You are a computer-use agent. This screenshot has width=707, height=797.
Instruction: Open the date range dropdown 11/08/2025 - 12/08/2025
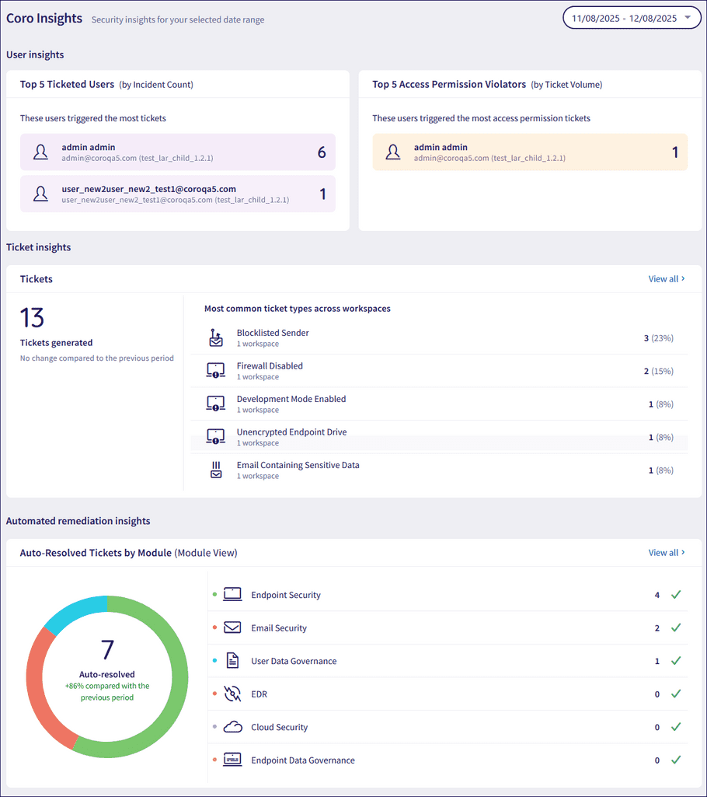pos(632,18)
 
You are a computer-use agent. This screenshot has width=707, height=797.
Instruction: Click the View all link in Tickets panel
pos(667,278)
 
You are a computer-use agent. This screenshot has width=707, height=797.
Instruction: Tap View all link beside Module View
pos(667,553)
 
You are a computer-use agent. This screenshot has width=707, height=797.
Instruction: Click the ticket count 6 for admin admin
pos(322,152)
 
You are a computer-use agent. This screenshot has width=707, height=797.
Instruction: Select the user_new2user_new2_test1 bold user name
pos(148,189)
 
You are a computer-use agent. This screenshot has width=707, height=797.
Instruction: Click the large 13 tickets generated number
pos(32,318)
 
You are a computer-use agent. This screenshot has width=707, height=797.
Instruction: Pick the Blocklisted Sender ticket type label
pos(273,333)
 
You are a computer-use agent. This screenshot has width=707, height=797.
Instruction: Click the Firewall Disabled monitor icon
pos(216,370)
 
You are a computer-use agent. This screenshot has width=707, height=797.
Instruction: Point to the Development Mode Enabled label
pos(291,399)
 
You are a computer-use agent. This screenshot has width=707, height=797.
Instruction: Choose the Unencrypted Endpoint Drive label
pos(291,432)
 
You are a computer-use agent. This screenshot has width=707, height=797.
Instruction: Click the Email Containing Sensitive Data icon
pos(216,470)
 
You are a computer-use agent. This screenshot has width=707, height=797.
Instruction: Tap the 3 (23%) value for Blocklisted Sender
pos(658,338)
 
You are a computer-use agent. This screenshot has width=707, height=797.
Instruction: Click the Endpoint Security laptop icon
pos(232,595)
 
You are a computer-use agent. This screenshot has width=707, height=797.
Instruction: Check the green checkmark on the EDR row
pos(676,694)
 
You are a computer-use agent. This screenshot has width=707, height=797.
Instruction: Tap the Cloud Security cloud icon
pos(232,727)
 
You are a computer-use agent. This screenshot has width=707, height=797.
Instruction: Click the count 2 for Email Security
pos(657,628)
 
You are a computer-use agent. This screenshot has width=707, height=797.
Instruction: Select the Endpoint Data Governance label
pos(303,760)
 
